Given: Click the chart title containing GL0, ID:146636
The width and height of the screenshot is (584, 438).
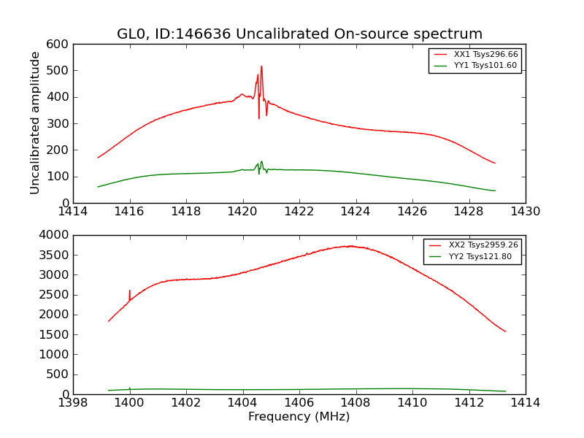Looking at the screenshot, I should (299, 34).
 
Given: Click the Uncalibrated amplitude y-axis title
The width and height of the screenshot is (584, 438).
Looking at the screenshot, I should (35, 123).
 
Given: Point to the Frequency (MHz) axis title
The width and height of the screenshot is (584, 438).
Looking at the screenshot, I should (299, 417).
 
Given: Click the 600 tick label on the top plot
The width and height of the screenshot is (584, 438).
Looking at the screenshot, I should (60, 44).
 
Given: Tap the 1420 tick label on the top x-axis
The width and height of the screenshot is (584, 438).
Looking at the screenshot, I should (242, 212).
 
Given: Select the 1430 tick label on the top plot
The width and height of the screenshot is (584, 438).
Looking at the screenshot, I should (525, 212).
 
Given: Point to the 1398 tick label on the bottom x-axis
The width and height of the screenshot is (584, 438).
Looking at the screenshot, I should (73, 403).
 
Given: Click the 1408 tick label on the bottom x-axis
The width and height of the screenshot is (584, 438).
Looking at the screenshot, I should (356, 403).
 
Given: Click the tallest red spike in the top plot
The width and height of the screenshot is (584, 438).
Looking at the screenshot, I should (261, 67).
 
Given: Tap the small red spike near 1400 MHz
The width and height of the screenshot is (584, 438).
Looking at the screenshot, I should (130, 291).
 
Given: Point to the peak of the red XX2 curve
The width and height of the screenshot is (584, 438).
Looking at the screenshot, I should (351, 246).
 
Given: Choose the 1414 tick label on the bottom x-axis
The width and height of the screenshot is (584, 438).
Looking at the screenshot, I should (525, 403).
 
